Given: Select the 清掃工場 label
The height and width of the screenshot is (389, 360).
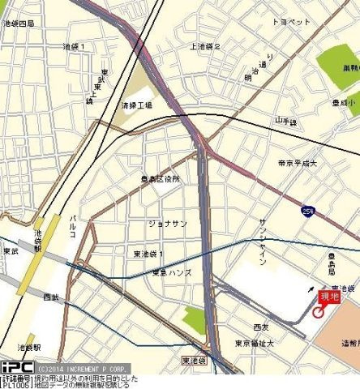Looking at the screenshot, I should click(137, 105).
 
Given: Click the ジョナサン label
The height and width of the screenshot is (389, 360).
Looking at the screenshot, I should click(168, 223).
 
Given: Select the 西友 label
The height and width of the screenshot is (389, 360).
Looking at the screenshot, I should click(260, 327).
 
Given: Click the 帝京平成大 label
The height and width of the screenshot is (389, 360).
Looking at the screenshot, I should click(295, 163).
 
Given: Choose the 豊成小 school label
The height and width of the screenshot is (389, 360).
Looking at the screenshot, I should click(344, 104).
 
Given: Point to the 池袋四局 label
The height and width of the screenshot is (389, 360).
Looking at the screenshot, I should click(19, 24).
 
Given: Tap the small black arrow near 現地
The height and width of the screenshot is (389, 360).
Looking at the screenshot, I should click(309, 288).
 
